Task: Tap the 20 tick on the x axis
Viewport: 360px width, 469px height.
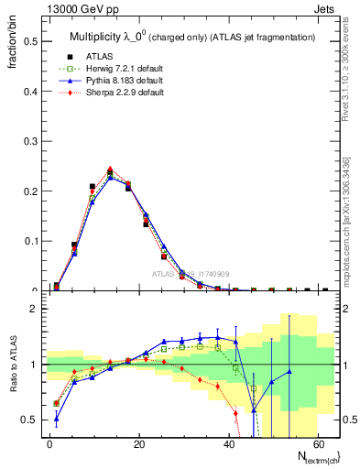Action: click(139, 443)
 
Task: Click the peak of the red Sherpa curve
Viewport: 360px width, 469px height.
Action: click(110, 169)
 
